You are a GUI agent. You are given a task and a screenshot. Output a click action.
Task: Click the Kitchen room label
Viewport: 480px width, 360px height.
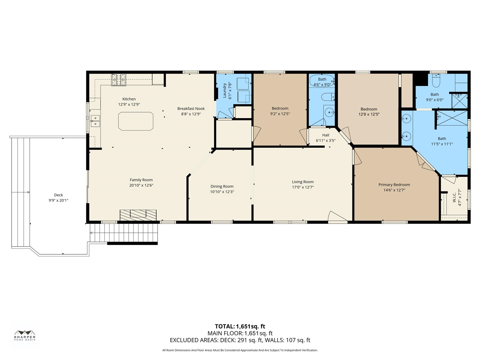(x=129, y=99)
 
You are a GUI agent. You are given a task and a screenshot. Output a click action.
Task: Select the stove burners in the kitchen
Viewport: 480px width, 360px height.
(x=119, y=79)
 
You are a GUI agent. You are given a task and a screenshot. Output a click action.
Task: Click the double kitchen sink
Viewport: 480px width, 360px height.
(x=95, y=121)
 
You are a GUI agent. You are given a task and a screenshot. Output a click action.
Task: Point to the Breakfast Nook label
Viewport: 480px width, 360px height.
(x=191, y=108)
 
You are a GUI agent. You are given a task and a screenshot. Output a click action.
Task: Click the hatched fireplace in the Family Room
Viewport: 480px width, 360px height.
(x=138, y=215)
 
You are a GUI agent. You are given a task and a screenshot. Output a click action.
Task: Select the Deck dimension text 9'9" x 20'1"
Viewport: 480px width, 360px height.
(x=58, y=200)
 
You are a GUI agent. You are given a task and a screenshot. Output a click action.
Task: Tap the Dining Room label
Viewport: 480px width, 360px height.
(x=222, y=186)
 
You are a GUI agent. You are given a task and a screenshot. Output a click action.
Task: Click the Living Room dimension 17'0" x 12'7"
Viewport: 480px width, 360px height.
(x=303, y=187)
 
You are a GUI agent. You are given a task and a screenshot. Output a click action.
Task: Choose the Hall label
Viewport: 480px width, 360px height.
(x=325, y=135)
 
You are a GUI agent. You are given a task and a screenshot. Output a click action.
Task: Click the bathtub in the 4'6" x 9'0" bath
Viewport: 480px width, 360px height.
(x=322, y=81)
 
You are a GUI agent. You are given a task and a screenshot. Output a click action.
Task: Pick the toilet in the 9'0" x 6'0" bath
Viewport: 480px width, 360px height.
(x=436, y=81)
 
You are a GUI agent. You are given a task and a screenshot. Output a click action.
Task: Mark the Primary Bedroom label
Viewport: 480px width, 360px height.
(x=394, y=184)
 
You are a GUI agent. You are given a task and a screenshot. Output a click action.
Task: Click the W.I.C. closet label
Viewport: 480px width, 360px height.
(x=454, y=197)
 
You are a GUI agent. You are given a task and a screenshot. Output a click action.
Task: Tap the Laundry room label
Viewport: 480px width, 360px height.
(x=224, y=90)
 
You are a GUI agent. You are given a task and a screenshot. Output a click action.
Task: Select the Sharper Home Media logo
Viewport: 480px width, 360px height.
(x=25, y=335)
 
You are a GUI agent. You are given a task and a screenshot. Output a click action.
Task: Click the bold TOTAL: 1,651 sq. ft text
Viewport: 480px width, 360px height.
(x=240, y=326)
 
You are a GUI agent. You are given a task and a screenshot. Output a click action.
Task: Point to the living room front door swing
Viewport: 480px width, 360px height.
(x=337, y=217)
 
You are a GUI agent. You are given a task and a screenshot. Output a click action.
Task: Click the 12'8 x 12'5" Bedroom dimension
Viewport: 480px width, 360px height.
(x=369, y=114)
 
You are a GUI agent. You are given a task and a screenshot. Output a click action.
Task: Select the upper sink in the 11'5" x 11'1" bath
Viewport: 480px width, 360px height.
(x=406, y=119)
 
